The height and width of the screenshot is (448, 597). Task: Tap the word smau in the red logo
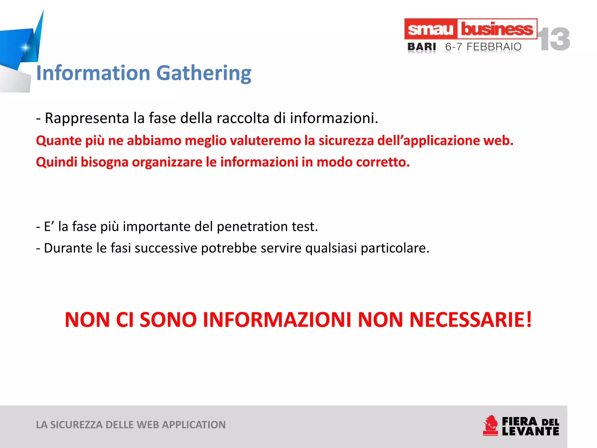[x=430, y=29]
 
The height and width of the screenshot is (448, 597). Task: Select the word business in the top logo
[x=497, y=29]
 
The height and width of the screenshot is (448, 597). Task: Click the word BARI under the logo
[x=422, y=47]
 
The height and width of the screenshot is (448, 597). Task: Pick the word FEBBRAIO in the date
[x=494, y=47]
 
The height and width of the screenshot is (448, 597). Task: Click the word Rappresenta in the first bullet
[x=87, y=118]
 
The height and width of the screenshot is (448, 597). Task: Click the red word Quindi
[x=57, y=162]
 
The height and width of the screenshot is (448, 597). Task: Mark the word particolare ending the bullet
[x=395, y=249]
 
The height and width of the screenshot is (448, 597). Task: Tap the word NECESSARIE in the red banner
[x=470, y=320]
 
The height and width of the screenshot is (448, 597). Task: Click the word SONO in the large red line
[x=168, y=320]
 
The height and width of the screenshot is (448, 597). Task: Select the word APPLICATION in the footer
[x=194, y=425]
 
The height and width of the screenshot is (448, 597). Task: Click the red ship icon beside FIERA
[x=491, y=426]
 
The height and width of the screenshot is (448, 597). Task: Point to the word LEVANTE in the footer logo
[x=530, y=431]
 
